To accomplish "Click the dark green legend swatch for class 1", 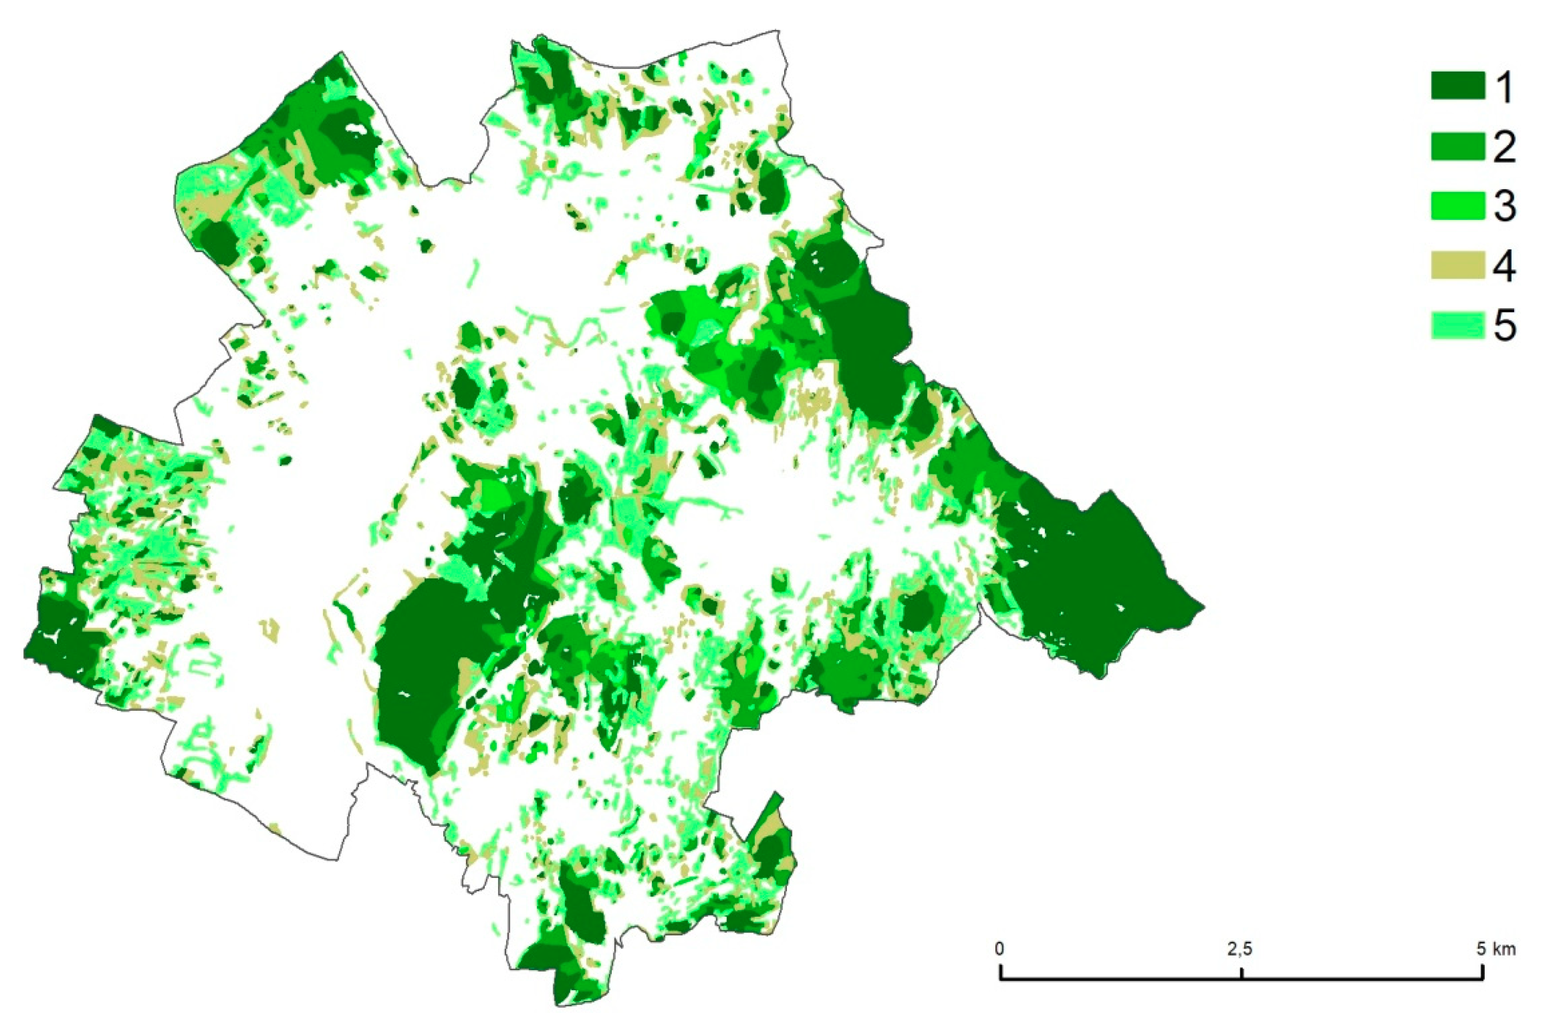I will click(x=1457, y=86).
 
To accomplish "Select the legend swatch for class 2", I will click(x=1457, y=146).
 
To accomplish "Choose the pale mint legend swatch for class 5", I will click(x=1457, y=325).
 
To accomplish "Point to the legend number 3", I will click(x=1505, y=206).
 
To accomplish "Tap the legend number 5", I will click(x=1505, y=325).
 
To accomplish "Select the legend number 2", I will click(x=1505, y=147).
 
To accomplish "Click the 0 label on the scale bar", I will click(x=1000, y=948).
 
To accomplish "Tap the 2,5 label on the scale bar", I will click(x=1240, y=948).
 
